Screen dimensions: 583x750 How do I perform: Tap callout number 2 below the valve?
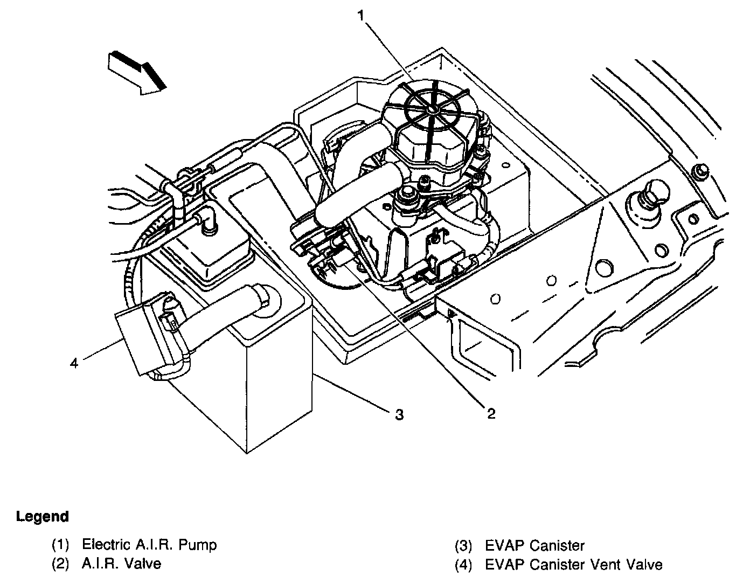(491, 413)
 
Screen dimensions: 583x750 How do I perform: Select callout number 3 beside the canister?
(399, 414)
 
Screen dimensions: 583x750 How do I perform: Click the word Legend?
(43, 517)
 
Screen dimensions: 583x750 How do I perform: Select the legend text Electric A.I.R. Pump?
(149, 545)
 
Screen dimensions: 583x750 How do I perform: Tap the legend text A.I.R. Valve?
(121, 564)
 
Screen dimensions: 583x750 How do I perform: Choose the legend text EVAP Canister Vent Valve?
(574, 565)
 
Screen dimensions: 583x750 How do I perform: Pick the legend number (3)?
(463, 546)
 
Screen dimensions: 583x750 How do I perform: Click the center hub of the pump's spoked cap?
(431, 109)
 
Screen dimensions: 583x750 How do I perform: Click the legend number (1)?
(60, 545)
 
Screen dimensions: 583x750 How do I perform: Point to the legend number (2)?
(60, 564)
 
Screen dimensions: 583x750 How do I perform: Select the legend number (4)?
(463, 565)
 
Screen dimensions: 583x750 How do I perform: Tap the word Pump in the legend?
(199, 545)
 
